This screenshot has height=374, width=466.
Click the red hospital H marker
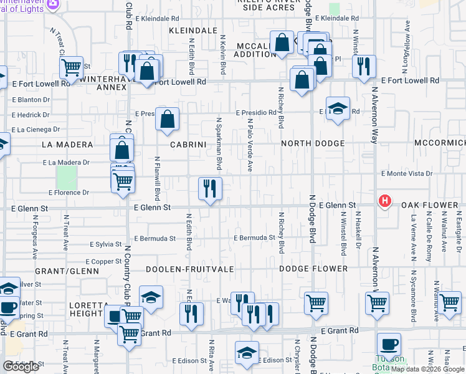pos(386,201)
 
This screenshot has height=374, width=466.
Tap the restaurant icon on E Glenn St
pos(210,188)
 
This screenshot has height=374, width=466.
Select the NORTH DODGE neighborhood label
pos(313,144)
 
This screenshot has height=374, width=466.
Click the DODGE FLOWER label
pos(313,269)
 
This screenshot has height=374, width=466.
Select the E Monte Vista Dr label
pos(406,173)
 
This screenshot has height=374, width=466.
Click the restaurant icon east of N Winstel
pos(363,66)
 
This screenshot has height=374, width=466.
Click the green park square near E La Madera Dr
pos(66,178)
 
